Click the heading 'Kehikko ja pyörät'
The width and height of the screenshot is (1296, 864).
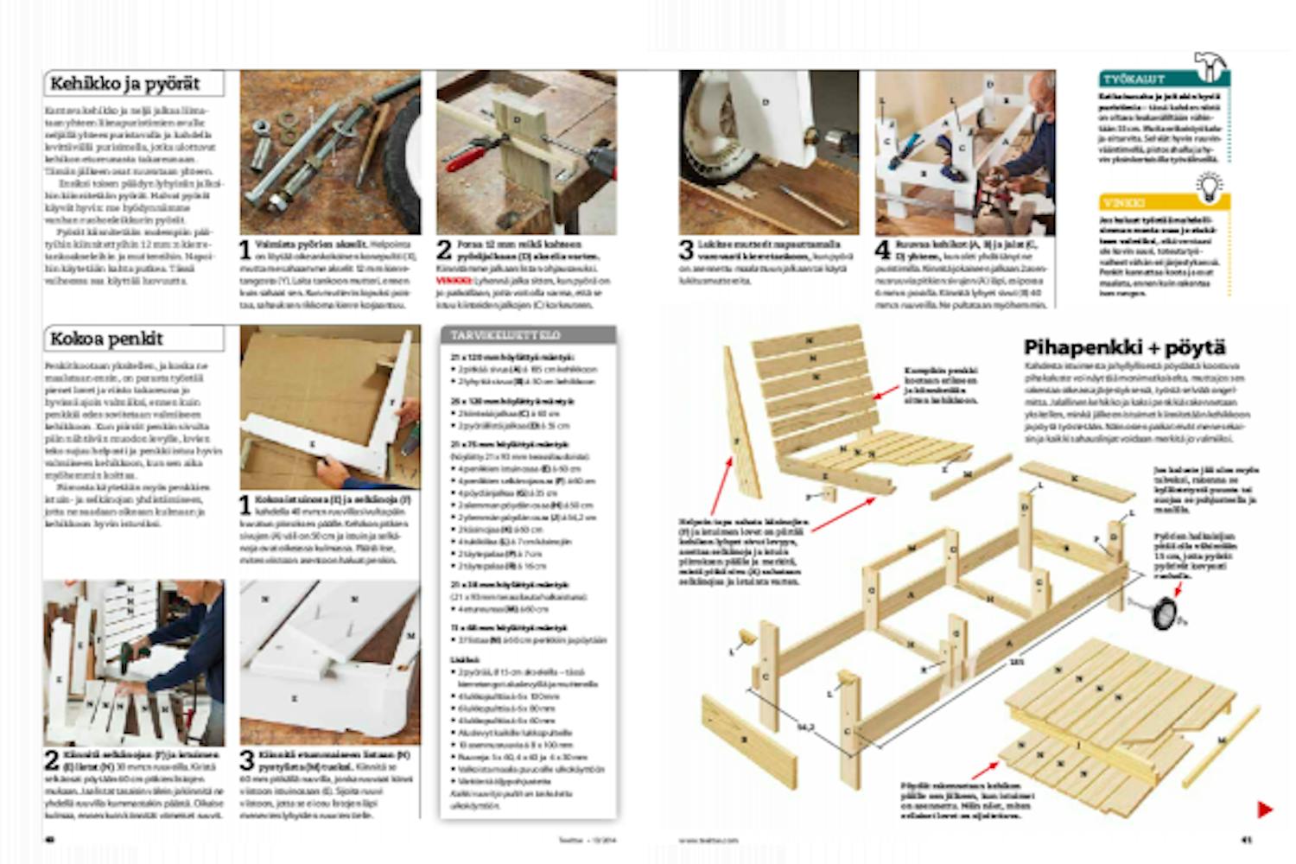coord(125,84)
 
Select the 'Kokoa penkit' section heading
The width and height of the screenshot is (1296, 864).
coord(107,338)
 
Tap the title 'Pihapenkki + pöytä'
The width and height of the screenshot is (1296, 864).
coord(1124,347)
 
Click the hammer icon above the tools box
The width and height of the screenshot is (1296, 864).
coord(1211,65)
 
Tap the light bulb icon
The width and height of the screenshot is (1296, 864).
coord(1210,186)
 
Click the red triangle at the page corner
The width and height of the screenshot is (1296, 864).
coord(1264,810)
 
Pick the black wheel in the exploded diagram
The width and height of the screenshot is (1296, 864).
coord(1164,610)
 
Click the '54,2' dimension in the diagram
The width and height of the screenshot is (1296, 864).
coord(804,727)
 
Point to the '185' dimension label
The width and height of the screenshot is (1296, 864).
coord(1018,663)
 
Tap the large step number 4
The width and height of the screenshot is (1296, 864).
coord(882,251)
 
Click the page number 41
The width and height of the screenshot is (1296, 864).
coord(1246,838)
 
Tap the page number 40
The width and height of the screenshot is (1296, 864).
coord(49,838)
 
